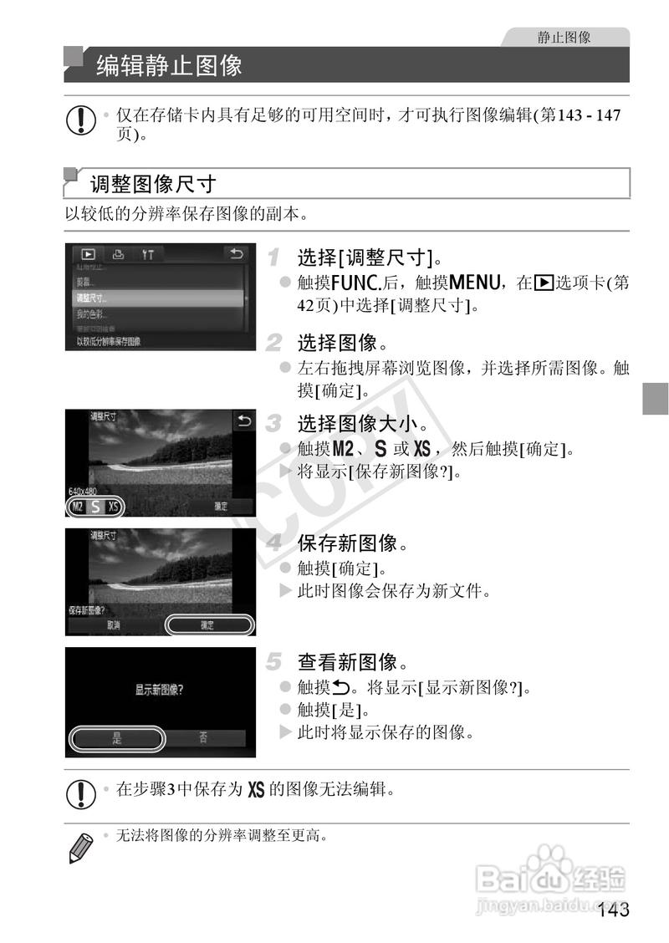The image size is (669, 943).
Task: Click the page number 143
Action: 613,910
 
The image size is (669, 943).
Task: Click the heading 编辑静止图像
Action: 169,64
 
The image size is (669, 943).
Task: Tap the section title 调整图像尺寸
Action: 154,182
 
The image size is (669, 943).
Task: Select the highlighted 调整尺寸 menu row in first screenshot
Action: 155,298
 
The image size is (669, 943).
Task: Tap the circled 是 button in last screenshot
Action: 116,738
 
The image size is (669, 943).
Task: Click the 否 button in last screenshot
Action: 204,737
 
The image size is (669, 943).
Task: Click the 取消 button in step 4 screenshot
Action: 114,624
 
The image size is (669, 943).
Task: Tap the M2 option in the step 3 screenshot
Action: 78,507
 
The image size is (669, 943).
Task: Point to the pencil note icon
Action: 79,846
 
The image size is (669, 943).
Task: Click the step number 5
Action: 273,662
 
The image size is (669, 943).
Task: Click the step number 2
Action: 273,342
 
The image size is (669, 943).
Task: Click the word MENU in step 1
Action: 473,283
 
